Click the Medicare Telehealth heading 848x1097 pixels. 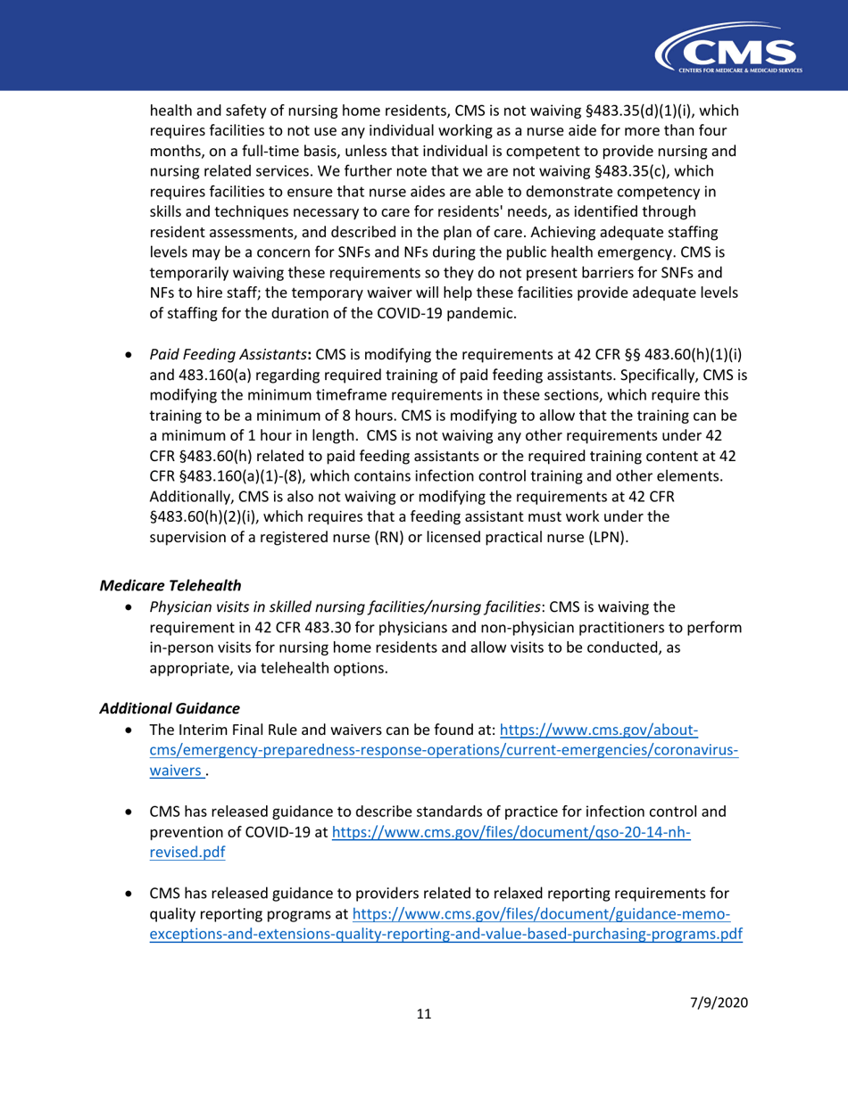tap(170, 586)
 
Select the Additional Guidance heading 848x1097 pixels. tap(169, 708)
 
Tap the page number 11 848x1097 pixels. tap(424, 1014)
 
